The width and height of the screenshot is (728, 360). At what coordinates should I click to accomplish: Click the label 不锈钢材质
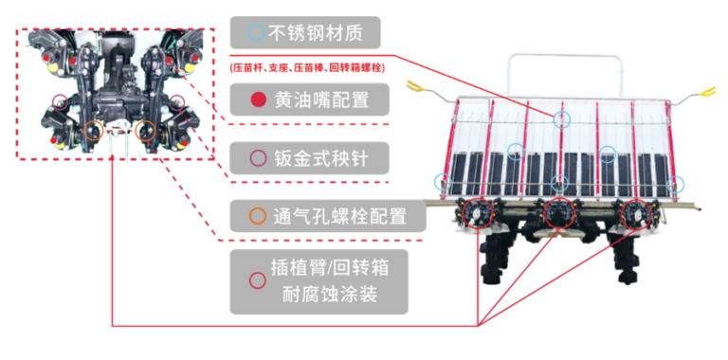pyautogui.click(x=305, y=33)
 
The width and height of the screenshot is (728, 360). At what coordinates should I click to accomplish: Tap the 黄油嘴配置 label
pyautogui.click(x=310, y=99)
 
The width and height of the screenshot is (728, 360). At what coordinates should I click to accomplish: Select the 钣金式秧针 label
pyautogui.click(x=309, y=158)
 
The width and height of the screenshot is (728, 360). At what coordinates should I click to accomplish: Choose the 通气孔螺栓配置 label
pyautogui.click(x=328, y=216)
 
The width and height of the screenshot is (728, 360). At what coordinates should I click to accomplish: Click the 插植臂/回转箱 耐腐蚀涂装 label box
pyautogui.click(x=318, y=281)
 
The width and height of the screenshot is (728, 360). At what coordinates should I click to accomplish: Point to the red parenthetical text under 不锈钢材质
pyautogui.click(x=307, y=67)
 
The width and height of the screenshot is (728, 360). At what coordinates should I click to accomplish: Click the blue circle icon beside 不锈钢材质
pyautogui.click(x=256, y=33)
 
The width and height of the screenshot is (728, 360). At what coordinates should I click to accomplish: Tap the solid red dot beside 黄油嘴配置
pyautogui.click(x=258, y=99)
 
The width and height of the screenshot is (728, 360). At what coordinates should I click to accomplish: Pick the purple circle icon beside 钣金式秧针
pyautogui.click(x=258, y=158)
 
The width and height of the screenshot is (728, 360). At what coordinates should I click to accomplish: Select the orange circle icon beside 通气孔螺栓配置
pyautogui.click(x=258, y=216)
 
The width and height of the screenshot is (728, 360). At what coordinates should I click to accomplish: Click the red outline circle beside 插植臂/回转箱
pyautogui.click(x=258, y=280)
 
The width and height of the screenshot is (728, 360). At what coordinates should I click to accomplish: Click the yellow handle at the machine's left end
pyautogui.click(x=412, y=86)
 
